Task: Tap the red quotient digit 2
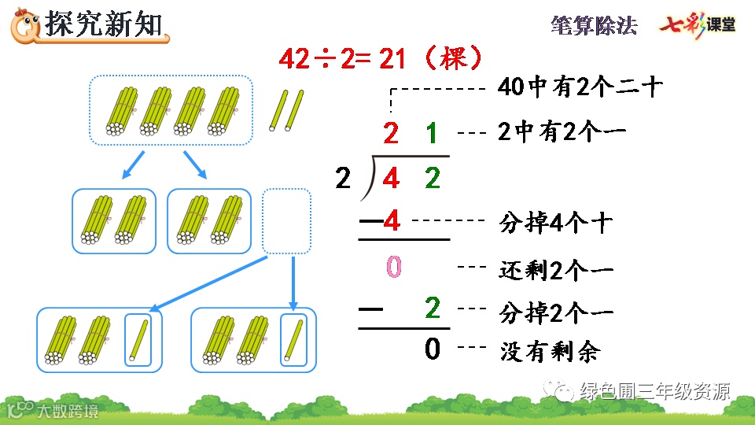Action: (391, 134)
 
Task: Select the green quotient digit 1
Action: (432, 134)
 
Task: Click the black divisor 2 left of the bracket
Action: (343, 179)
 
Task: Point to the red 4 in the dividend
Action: (391, 179)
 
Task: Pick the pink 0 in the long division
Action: (393, 268)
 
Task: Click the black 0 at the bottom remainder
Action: (432, 348)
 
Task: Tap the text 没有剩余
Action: (549, 350)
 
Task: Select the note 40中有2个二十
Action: (580, 87)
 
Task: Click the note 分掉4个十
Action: (555, 224)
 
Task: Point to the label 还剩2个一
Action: (555, 270)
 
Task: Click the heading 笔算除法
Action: (594, 25)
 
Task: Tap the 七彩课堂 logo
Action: (697, 25)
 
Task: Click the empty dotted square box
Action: (286, 220)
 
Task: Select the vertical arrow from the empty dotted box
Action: (293, 282)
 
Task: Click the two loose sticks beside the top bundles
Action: (286, 110)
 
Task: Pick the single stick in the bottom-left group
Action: (138, 339)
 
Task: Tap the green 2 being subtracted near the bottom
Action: (432, 309)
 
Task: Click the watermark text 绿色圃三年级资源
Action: (654, 391)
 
